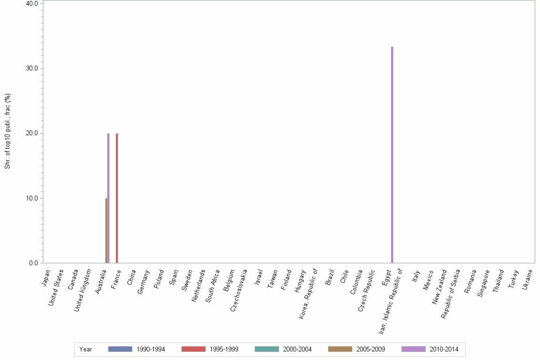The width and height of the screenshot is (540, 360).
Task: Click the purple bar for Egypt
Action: pyautogui.click(x=392, y=155)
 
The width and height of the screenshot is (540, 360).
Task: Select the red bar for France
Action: pyautogui.click(x=117, y=198)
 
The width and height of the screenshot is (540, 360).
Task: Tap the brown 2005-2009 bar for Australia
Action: pyautogui.click(x=106, y=230)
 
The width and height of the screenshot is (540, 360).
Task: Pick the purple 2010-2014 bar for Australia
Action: pyautogui.click(x=109, y=198)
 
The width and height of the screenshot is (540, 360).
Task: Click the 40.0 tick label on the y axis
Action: pyautogui.click(x=32, y=3)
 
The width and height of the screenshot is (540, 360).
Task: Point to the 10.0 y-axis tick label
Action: pyautogui.click(x=32, y=198)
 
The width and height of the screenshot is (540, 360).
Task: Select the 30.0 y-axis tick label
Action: pyautogui.click(x=32, y=69)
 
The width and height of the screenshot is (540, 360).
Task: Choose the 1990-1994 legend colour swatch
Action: pyautogui.click(x=120, y=349)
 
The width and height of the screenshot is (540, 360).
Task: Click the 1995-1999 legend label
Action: pyautogui.click(x=223, y=350)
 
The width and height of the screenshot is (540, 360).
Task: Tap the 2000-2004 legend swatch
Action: pyautogui.click(x=267, y=349)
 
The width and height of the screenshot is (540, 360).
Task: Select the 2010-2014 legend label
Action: pyautogui.click(x=443, y=350)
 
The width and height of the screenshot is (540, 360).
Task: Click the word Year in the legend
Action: pyautogui.click(x=86, y=350)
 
